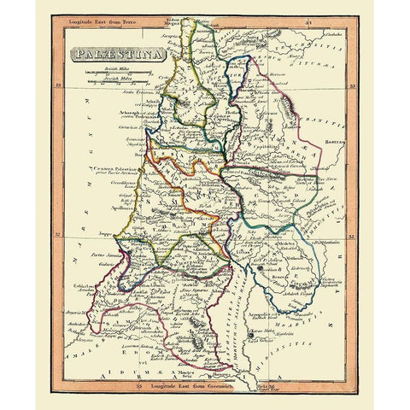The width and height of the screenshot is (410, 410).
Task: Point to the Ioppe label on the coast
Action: [x=107, y=231]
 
